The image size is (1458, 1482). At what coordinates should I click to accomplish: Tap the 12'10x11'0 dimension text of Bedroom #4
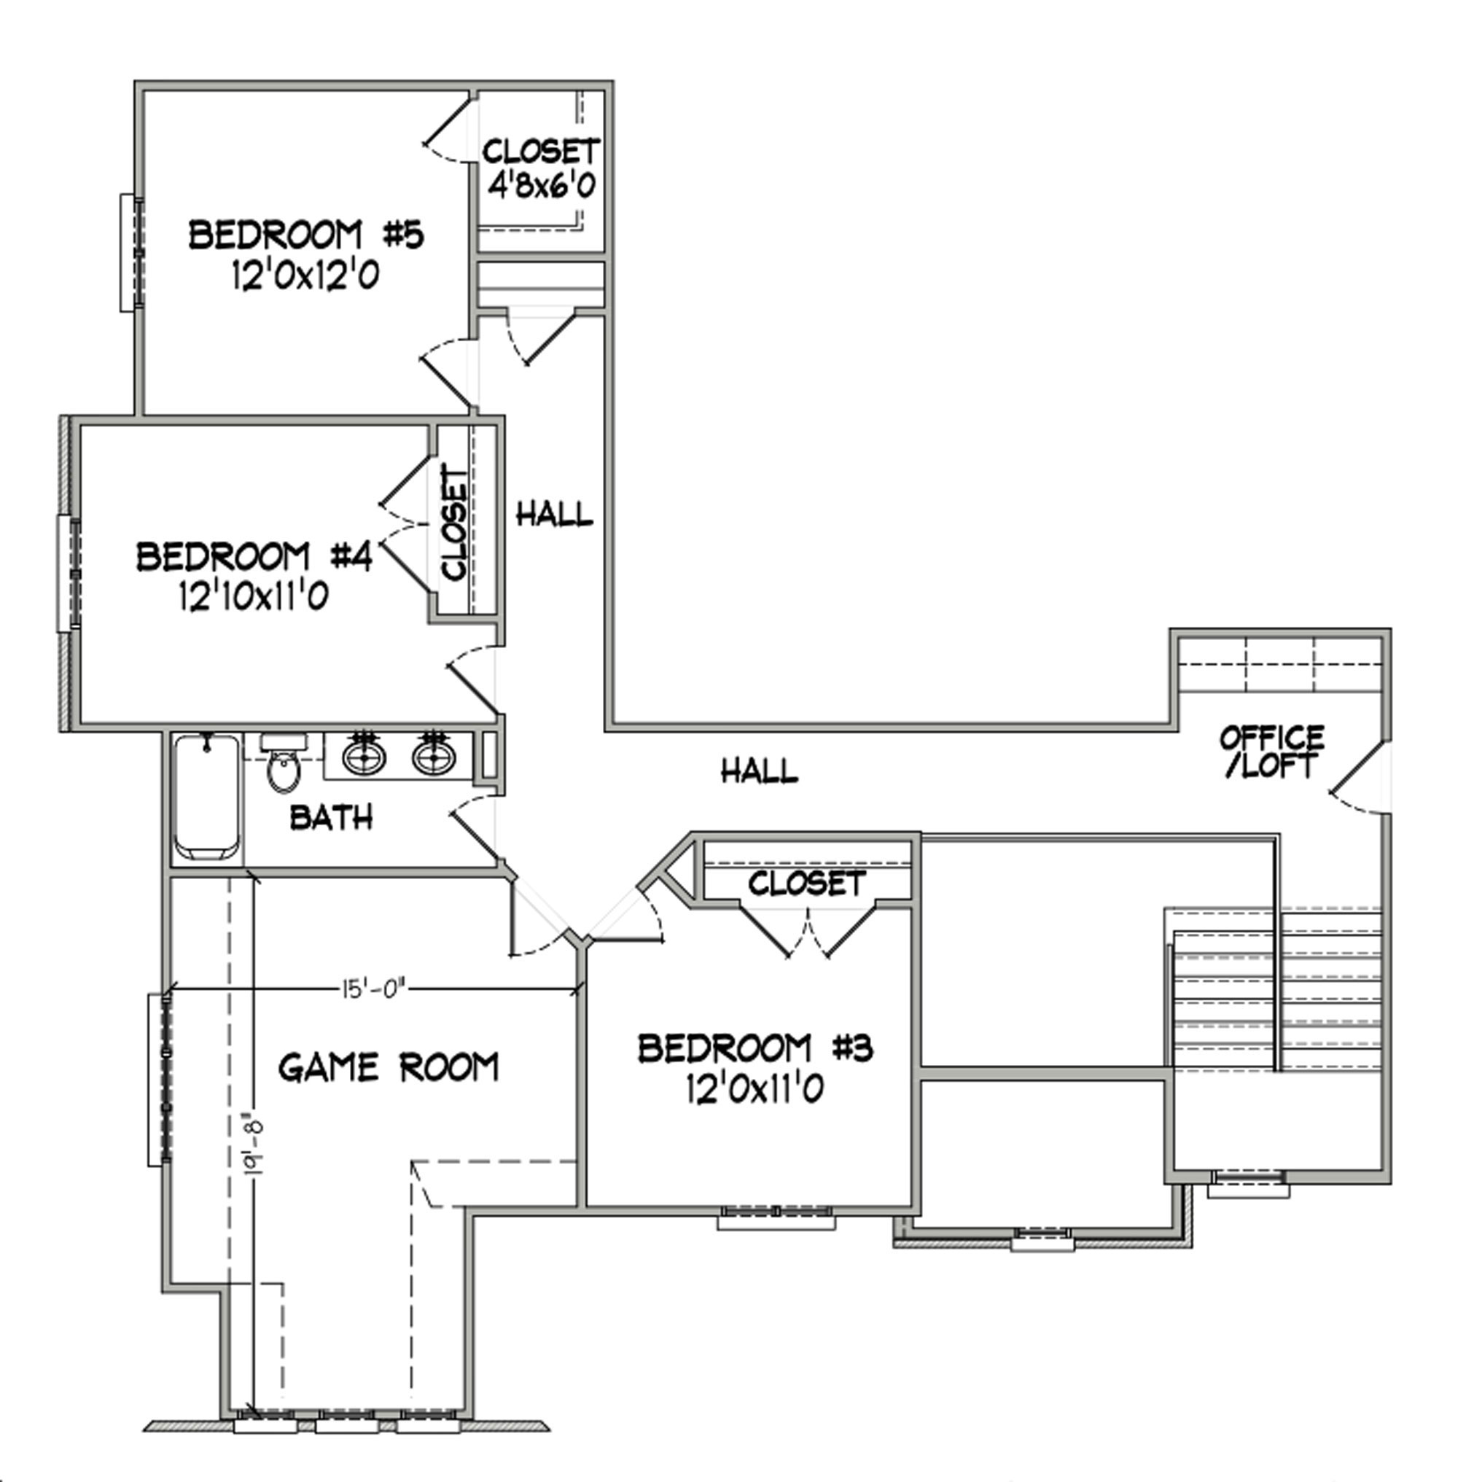tap(254, 595)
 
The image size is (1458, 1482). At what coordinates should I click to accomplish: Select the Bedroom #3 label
tap(755, 1048)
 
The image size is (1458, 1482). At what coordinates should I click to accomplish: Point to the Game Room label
tap(389, 1067)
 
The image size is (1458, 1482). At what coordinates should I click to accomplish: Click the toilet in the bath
tap(284, 763)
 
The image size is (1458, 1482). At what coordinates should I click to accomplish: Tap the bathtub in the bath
tap(206, 797)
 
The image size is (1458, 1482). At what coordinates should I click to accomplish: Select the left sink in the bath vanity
tap(364, 755)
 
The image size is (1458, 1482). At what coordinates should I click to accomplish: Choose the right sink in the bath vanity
tap(434, 755)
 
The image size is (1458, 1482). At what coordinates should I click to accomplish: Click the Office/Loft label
tap(1272, 752)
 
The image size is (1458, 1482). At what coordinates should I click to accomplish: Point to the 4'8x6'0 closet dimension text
tap(542, 185)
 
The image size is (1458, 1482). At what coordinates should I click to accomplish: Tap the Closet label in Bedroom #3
tap(807, 884)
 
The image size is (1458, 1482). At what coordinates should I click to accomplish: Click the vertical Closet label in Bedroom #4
tap(454, 526)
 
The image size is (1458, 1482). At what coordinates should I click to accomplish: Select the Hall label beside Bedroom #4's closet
tap(555, 513)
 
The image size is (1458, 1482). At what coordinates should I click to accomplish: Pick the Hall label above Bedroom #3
tap(760, 771)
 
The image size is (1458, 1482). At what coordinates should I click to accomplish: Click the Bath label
tap(332, 818)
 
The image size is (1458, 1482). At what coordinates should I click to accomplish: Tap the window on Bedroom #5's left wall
tap(131, 253)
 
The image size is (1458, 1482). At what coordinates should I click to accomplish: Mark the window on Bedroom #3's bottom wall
tap(776, 1217)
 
